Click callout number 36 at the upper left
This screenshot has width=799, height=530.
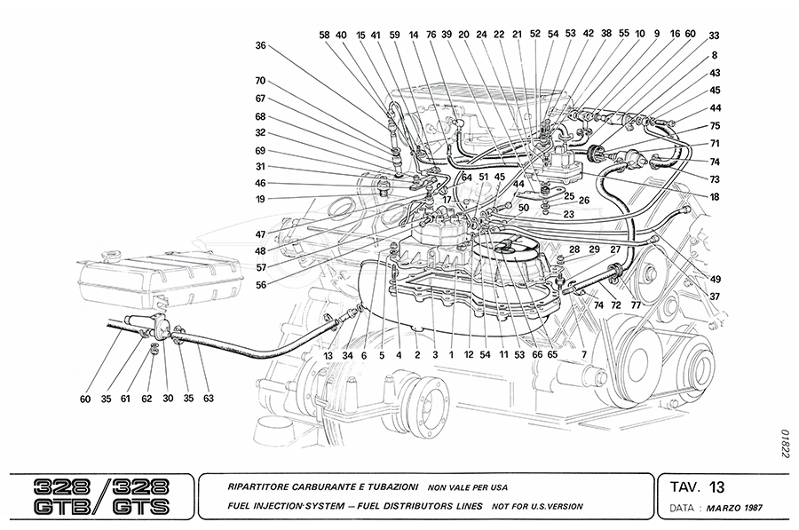coord(260,45)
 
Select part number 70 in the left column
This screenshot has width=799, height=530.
coord(260,81)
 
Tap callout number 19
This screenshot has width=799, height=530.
coord(260,200)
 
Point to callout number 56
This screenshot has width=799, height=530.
coord(260,285)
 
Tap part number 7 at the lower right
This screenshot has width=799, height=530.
coord(583,355)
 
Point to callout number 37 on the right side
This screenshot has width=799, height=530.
coord(715,297)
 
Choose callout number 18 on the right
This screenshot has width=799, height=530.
coord(715,200)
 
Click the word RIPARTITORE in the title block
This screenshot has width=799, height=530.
coord(248,487)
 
